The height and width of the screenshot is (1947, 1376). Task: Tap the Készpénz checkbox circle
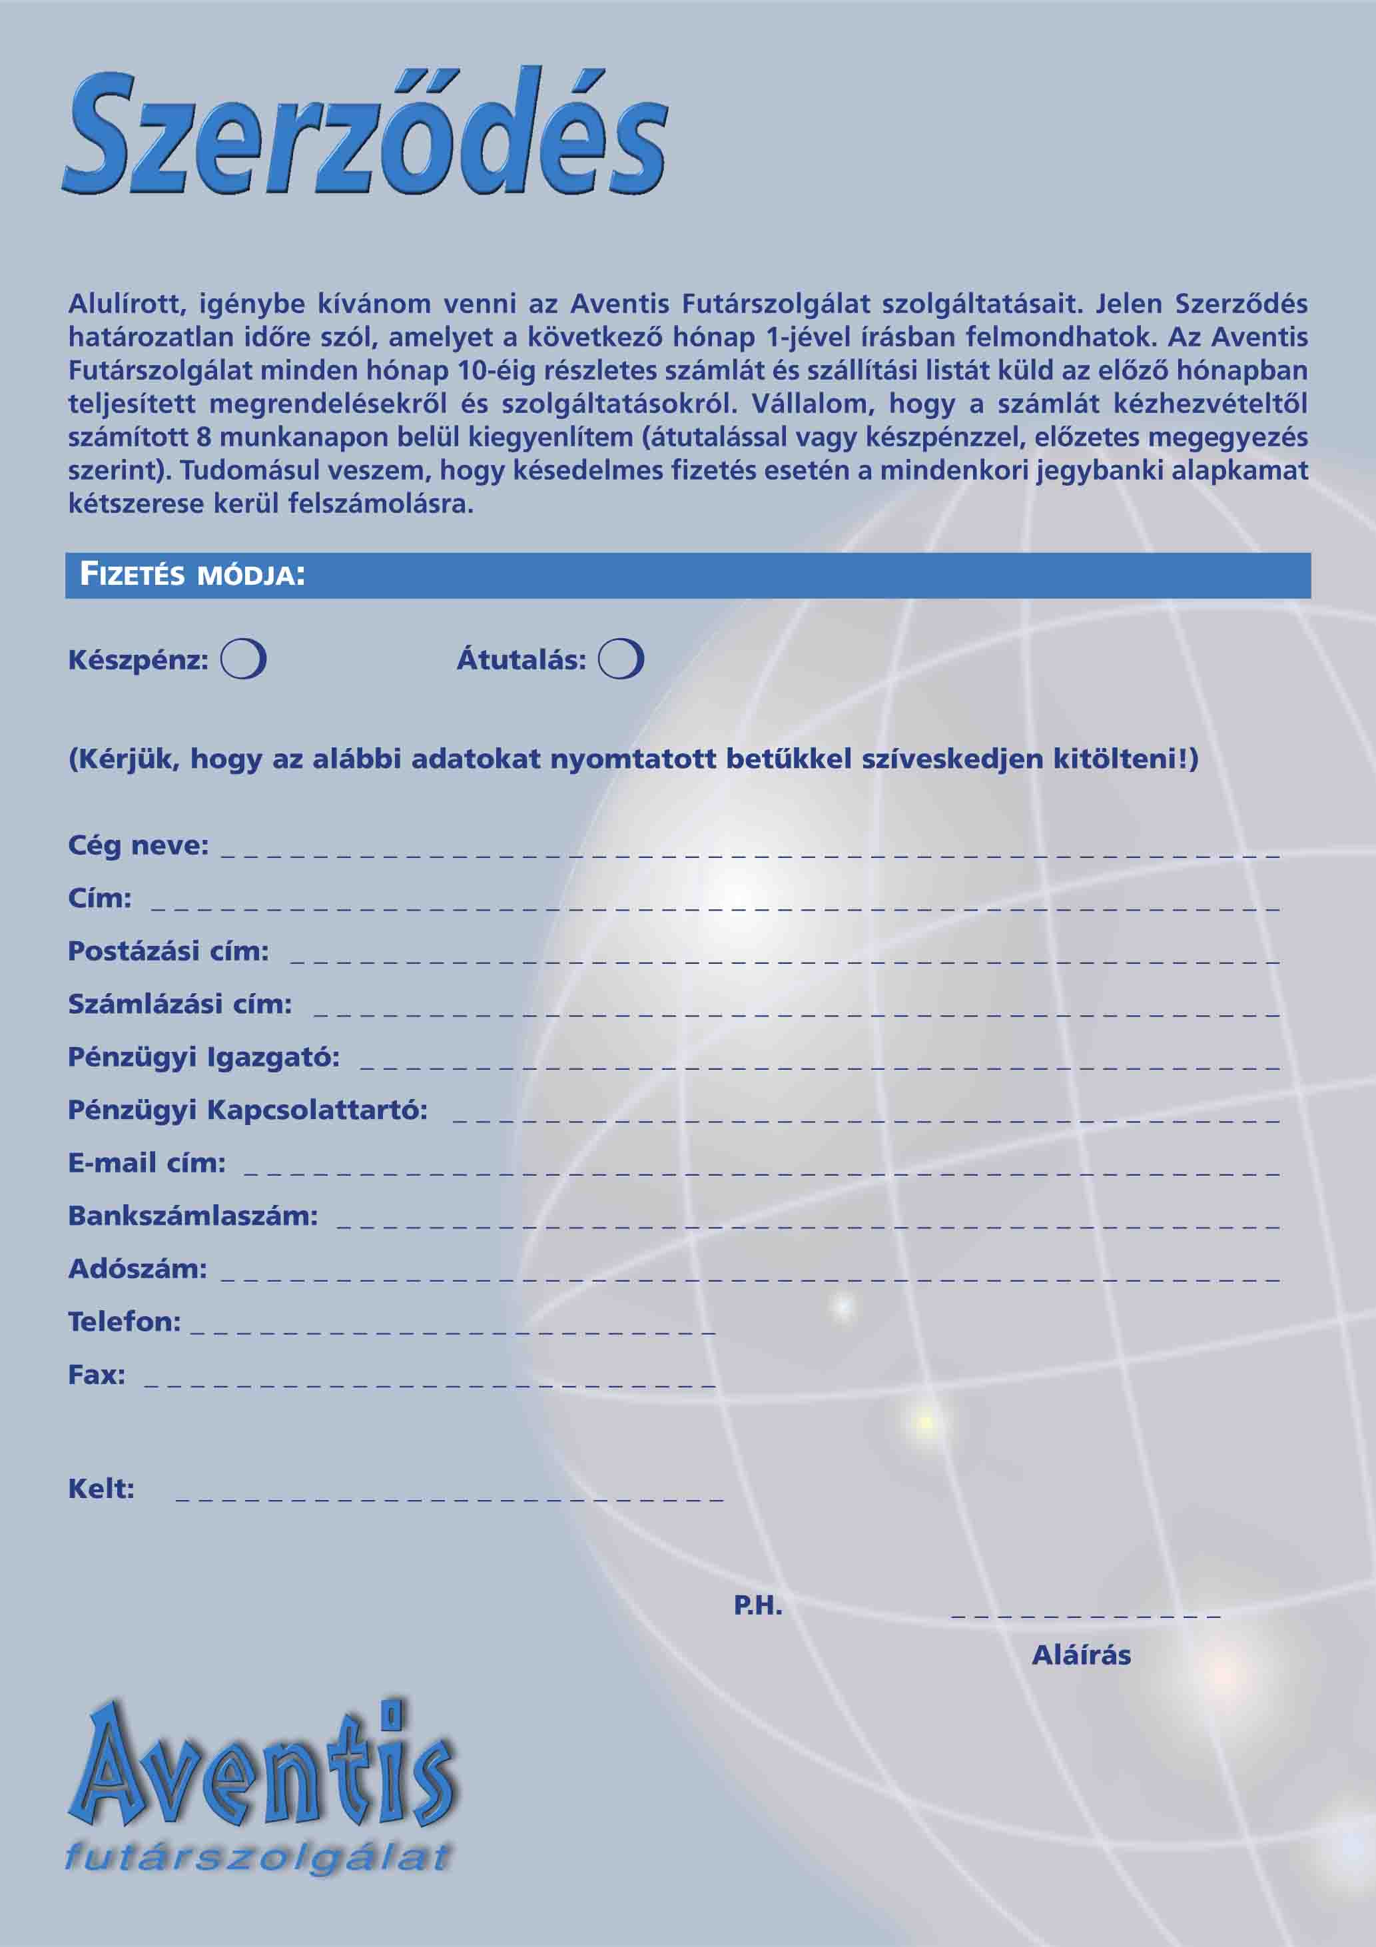pyautogui.click(x=243, y=659)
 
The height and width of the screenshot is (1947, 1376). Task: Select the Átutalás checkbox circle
pyautogui.click(x=621, y=659)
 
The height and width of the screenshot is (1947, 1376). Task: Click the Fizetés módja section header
pyautogui.click(x=192, y=575)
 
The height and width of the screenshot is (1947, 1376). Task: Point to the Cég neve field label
pyautogui.click(x=138, y=845)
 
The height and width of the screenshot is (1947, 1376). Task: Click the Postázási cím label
pyautogui.click(x=168, y=951)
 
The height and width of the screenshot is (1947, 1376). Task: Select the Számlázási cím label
pyautogui.click(x=180, y=1004)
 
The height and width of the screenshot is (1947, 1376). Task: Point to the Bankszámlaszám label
pyautogui.click(x=192, y=1216)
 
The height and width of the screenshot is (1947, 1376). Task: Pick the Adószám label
pyautogui.click(x=137, y=1269)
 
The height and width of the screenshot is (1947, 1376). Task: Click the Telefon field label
pyautogui.click(x=124, y=1321)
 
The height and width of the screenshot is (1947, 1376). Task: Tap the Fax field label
pyautogui.click(x=97, y=1375)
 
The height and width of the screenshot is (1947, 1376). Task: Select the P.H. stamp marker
pyautogui.click(x=757, y=1605)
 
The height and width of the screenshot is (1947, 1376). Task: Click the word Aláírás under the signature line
pyautogui.click(x=1081, y=1655)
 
